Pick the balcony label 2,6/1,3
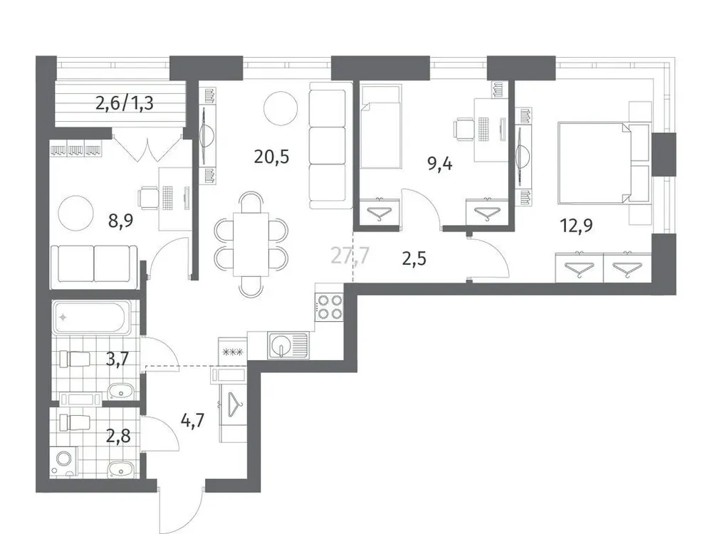click(125, 104)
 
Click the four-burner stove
click(330, 308)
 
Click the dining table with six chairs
click(251, 243)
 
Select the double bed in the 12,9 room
click(595, 162)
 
